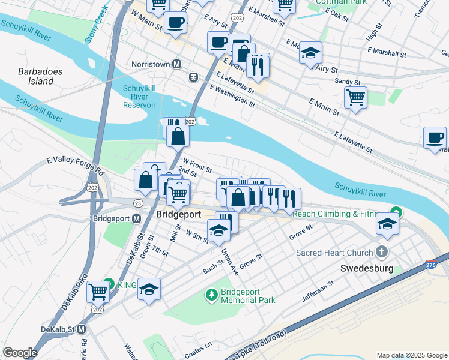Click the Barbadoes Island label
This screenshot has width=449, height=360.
click(x=40, y=76)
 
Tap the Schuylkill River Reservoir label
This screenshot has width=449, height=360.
click(x=139, y=97)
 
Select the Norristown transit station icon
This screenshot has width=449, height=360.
click(x=177, y=64)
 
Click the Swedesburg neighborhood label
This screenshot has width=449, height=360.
click(x=366, y=268)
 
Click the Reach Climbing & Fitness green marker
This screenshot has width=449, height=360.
click(x=396, y=212)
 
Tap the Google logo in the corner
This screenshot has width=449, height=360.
click(x=19, y=353)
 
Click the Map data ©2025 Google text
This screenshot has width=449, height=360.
click(x=411, y=355)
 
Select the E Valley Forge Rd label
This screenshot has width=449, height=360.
click(x=75, y=166)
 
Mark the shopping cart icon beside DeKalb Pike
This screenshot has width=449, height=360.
click(x=98, y=292)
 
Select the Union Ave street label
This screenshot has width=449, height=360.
click(x=230, y=262)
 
